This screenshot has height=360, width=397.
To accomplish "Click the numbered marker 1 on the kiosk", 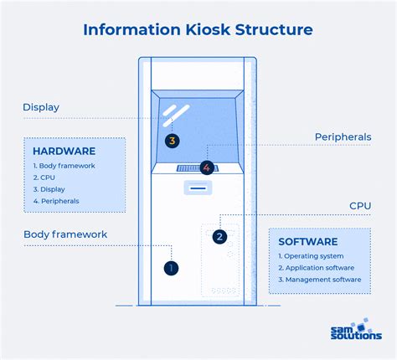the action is (171, 268).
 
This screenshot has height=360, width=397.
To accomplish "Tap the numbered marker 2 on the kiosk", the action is (219, 237).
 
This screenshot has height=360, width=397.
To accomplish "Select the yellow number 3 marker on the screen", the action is (172, 141).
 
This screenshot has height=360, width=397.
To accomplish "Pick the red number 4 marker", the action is (207, 167).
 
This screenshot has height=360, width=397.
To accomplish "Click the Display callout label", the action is (41, 107).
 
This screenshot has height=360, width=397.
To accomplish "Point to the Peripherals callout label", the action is (343, 137).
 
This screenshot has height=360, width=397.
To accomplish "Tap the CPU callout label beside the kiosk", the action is (360, 206).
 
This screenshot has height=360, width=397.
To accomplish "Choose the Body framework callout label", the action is (65, 234).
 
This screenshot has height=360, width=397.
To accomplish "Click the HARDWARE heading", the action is (64, 152).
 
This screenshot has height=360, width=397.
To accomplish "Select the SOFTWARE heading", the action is (308, 242).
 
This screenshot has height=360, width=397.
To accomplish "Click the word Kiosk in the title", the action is (208, 29).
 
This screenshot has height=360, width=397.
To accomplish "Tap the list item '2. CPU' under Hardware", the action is (44, 177).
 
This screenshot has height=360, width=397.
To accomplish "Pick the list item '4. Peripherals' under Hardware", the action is (56, 201).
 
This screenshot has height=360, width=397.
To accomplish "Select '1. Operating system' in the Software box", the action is (311, 256).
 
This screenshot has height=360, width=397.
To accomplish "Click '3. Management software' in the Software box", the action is (320, 280).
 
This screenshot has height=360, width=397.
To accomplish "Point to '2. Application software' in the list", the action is (317, 268).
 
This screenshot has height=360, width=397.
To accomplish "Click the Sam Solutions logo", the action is (356, 329).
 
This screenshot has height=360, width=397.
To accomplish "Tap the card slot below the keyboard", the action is (198, 188).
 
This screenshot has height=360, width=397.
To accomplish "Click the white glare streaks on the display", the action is (176, 116).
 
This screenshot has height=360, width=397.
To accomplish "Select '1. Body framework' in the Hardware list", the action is (64, 166).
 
